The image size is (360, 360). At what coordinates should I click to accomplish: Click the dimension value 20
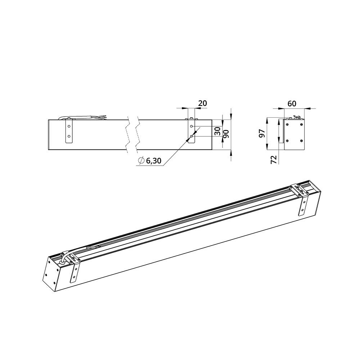[202, 103]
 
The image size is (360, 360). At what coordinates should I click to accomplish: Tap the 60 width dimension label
[292, 104]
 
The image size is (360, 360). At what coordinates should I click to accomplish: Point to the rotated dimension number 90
[226, 134]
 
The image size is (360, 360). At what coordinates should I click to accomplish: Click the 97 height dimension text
[262, 133]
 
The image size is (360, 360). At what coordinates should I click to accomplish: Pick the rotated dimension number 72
[274, 159]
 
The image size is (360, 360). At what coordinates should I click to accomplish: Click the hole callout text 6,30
[153, 161]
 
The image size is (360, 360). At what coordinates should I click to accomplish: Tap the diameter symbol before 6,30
[141, 161]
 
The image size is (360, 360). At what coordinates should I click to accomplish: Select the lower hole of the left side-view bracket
[69, 136]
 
